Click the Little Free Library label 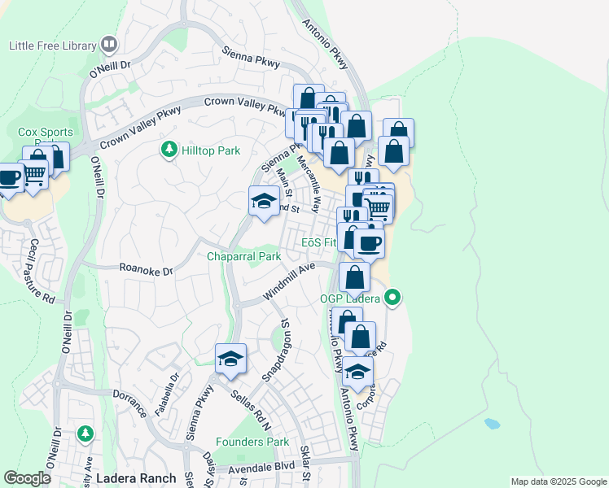(51, 46)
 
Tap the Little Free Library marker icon (109, 45)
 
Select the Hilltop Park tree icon (169, 150)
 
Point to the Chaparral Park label (243, 256)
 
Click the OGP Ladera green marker (393, 298)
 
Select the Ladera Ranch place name (136, 477)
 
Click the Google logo (28, 478)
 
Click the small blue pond (492, 424)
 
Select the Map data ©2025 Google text (558, 481)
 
